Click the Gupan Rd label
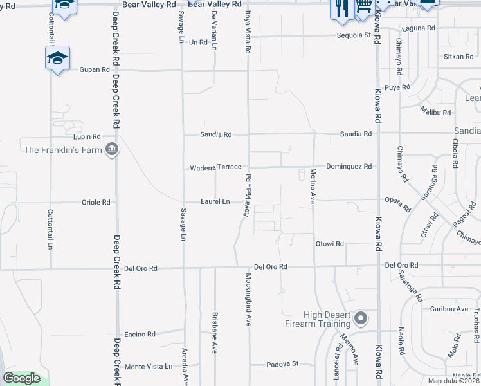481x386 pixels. coord(95,69)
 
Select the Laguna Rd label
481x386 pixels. coord(419,29)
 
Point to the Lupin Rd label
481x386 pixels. coord(87,136)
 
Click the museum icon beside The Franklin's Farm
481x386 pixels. coord(113,150)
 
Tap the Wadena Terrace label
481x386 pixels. coord(215,167)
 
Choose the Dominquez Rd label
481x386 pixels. coord(349,167)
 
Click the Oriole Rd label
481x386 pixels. coord(96,202)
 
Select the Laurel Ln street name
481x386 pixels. coord(215,202)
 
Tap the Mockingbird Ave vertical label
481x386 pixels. coord(248,299)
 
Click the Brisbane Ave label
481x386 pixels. coord(215,333)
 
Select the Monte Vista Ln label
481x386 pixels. coord(149,366)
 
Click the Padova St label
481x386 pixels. coord(283,363)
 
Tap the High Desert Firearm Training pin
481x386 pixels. coord(361,318)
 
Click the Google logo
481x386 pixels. coord(21,378)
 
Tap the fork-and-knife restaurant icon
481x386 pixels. coord(340,6)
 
